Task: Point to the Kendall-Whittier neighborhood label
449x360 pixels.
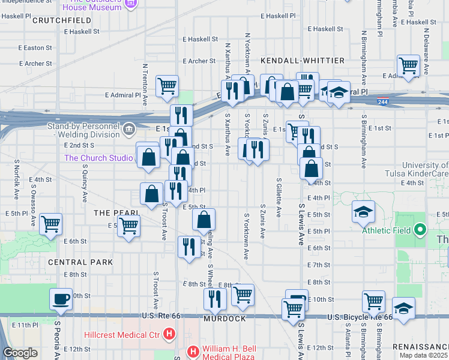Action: pos(303,61)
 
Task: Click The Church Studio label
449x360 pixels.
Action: pos(98,158)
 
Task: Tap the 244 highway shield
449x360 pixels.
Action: pos(382,102)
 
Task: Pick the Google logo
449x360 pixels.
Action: pos(20,352)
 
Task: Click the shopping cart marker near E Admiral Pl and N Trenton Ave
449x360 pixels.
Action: pos(167,85)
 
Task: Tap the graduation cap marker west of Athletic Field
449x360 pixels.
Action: pos(364,211)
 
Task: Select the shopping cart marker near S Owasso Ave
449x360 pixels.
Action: pos(51,224)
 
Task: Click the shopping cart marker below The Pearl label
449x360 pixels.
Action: pos(128,227)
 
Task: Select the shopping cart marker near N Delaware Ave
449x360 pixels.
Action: pos(408,65)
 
